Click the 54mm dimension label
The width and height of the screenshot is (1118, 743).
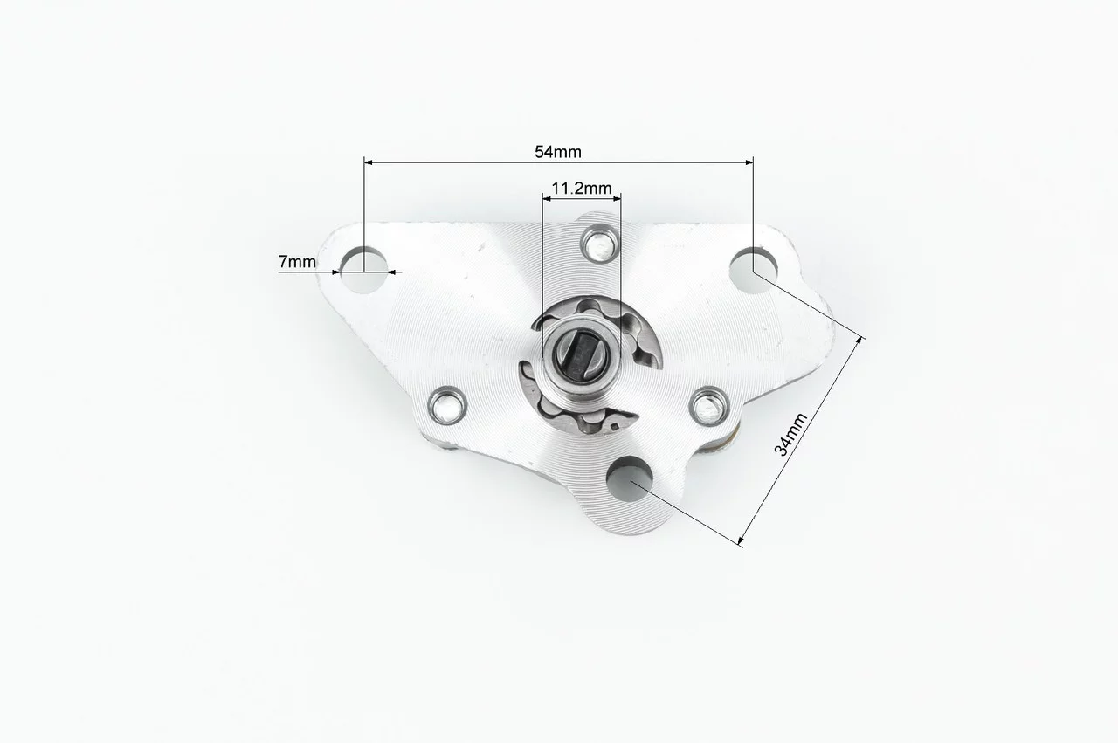coord(558,152)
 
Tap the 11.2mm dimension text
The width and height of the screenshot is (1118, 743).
coord(582,189)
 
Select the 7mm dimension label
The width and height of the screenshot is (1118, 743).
coord(297,261)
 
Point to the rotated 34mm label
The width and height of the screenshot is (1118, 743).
coord(790,434)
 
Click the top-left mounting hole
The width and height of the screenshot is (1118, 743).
coord(364,270)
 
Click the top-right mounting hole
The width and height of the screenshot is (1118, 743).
coord(753,270)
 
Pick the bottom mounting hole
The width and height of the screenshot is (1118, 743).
coord(630,480)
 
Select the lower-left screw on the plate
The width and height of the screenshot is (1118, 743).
coord(447,405)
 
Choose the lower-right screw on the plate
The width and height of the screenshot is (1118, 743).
coord(708,407)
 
